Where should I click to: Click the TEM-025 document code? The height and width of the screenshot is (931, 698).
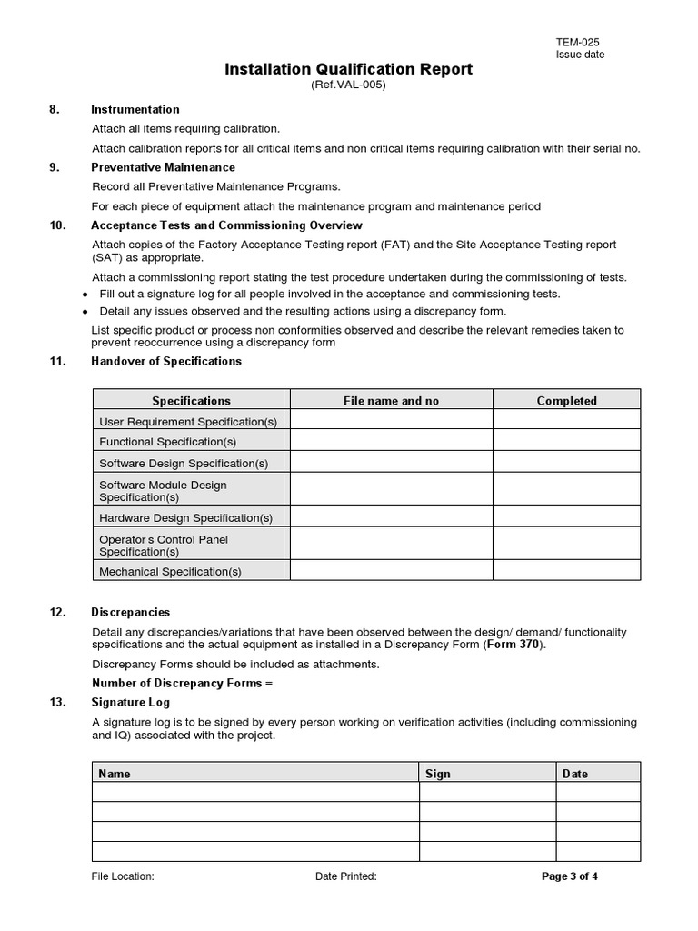click(577, 42)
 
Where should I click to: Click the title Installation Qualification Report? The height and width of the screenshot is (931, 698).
click(348, 69)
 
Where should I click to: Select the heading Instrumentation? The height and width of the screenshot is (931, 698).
click(135, 109)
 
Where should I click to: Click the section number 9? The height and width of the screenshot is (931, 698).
click(55, 167)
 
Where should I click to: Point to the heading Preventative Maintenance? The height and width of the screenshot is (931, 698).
click(163, 167)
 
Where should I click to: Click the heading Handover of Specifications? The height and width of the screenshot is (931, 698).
click(166, 361)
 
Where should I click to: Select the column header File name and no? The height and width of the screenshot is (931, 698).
click(391, 401)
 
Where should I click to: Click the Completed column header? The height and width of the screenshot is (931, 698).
click(566, 401)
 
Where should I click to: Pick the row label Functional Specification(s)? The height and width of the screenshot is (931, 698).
click(167, 442)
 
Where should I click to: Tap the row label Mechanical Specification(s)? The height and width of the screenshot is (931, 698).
click(170, 572)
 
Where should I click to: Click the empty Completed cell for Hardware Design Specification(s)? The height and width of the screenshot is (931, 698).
click(566, 518)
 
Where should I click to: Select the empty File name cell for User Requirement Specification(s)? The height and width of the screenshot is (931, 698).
click(391, 422)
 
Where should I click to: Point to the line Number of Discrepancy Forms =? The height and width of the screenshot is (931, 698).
click(183, 683)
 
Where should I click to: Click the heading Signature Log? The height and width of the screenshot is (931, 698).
click(130, 702)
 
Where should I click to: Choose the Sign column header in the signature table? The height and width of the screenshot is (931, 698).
click(438, 774)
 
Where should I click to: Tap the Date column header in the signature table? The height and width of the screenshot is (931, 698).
click(575, 774)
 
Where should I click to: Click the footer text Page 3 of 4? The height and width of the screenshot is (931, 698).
click(570, 876)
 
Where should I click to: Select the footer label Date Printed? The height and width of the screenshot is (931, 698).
click(346, 876)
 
